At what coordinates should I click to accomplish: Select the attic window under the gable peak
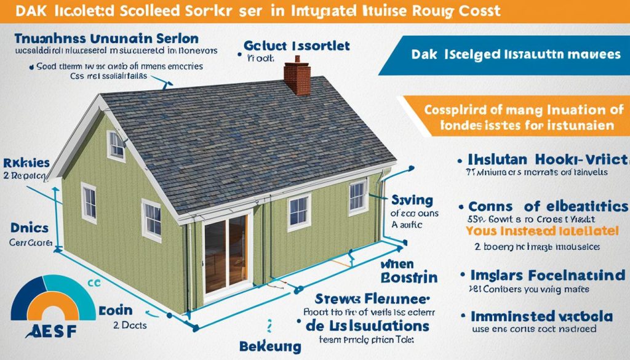click(116, 145)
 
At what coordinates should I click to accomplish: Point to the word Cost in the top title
click(476, 11)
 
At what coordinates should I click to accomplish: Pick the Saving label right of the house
click(407, 199)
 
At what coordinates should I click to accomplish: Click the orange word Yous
click(482, 232)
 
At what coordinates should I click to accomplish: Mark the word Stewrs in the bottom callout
click(341, 300)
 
